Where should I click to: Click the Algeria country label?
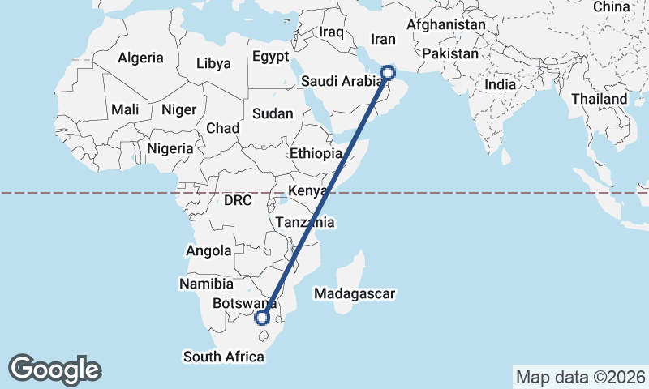140,58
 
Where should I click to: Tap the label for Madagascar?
355,293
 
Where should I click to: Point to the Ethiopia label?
316,153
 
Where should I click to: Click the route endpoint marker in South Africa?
262,318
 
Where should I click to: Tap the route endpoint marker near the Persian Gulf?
388,72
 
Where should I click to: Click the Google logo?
54,370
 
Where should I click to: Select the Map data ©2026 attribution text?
580,377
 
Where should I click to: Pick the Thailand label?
599,99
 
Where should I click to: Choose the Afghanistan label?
446,25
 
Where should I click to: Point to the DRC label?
239,200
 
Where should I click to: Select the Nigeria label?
170,148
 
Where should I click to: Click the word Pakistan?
451,53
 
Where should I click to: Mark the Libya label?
213,63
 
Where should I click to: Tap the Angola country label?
208,251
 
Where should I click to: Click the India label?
501,84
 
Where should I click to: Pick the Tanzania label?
305,222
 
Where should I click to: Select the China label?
611,7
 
